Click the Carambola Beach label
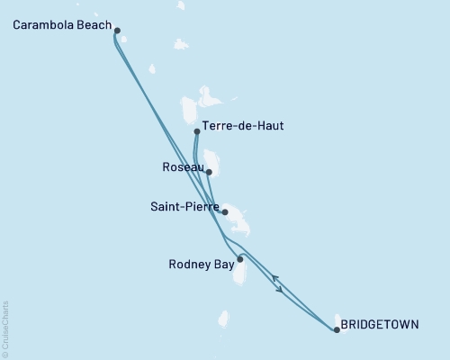[x=62, y=24]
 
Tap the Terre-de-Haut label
[x=243, y=126]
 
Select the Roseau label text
[x=181, y=166]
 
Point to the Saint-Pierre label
[x=184, y=207]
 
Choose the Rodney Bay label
[x=202, y=264]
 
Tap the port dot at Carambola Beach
[x=118, y=30]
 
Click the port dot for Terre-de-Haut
[x=197, y=131]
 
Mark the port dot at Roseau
[x=209, y=172]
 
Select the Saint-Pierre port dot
[x=224, y=212]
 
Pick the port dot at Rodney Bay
[x=239, y=259]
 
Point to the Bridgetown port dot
[x=337, y=330]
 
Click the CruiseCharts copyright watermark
[x=5, y=328]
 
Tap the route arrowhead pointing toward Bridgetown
[x=279, y=290]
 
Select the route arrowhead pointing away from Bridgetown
[x=274, y=278]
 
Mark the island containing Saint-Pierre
[x=236, y=217]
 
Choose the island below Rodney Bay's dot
[x=240, y=272]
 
